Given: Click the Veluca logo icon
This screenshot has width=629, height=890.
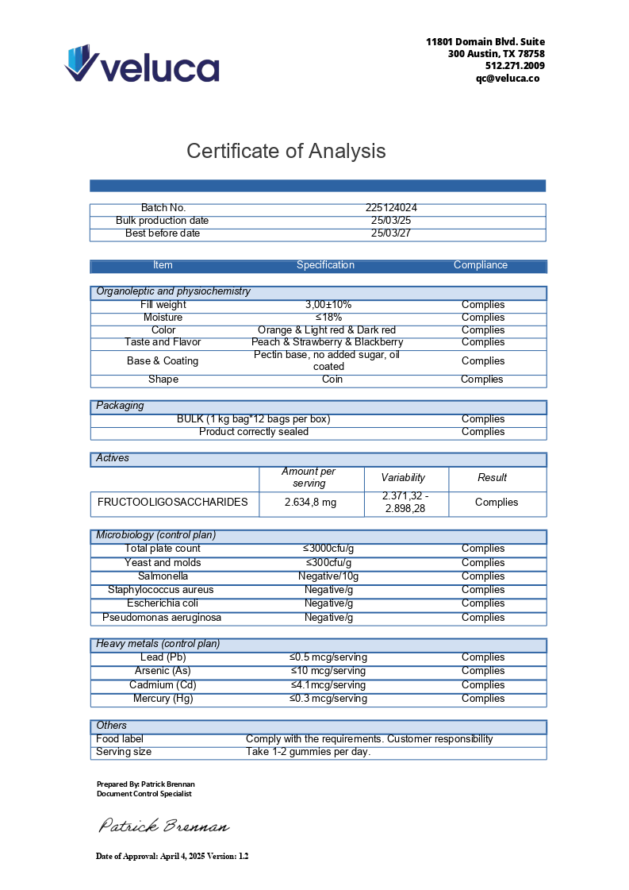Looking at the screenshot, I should point(82,63).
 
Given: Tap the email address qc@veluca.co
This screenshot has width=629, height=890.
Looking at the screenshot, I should point(508,78).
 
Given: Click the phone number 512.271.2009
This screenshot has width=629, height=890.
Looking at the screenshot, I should point(515,66).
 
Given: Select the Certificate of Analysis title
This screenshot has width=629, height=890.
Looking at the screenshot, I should point(286,151).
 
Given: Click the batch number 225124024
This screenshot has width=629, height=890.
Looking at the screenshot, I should point(392,208).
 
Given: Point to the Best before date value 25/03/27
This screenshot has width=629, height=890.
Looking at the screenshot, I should point(391,233).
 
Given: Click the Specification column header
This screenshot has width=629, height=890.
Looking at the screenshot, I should point(325,265).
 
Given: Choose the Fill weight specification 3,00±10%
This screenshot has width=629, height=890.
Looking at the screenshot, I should point(328,305).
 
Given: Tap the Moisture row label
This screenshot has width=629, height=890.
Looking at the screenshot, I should point(163,318).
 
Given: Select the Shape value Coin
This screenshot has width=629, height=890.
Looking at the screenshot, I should point(332,380).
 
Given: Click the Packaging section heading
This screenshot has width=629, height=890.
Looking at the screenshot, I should point(121,406).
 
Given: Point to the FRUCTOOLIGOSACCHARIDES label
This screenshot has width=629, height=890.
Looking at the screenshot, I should point(173,503).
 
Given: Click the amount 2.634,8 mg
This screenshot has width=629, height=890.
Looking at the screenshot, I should point(310,503).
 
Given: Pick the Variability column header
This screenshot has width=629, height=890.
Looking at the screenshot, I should point(403,478).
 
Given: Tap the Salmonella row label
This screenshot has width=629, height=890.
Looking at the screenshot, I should point(163,576).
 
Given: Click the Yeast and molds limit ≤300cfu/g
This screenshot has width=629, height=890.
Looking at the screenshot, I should point(329,563).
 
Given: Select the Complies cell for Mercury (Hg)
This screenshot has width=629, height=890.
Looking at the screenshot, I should point(483,699).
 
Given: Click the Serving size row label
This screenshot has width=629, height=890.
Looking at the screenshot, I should point(124,752).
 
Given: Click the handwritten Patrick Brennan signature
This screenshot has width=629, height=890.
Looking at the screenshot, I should point(163,826).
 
